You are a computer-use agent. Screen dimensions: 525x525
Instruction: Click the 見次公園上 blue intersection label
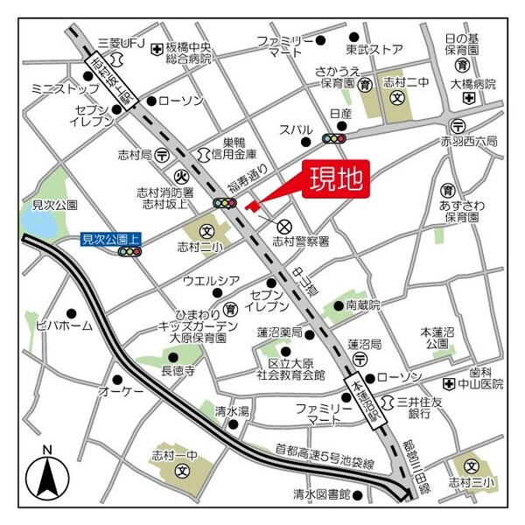tap(111, 238)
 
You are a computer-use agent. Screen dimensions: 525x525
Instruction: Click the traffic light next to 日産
tap(334, 138)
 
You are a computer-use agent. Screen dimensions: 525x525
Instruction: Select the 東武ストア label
tap(374, 49)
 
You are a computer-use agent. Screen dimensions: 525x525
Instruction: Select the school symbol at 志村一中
tap(182, 471)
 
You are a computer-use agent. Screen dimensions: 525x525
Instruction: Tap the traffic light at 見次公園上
tap(129, 252)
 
